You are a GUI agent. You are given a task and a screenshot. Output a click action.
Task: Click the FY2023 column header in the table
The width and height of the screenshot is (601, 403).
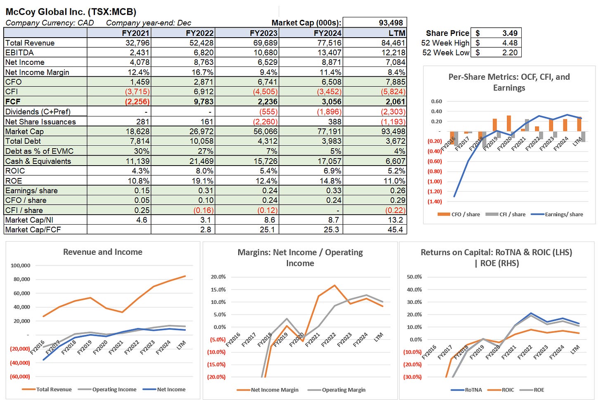pos(264,33)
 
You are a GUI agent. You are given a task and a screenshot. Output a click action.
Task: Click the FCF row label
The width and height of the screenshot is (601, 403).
pos(13,102)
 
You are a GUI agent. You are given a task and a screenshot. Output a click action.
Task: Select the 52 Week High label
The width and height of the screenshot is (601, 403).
pos(445,43)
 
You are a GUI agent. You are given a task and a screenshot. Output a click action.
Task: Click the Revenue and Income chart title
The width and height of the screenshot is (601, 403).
pos(102,252)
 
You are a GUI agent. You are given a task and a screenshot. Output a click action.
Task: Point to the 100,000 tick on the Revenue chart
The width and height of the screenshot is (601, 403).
pos(20,266)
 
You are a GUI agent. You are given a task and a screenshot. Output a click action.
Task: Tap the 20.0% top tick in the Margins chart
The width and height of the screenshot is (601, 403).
pos(218,277)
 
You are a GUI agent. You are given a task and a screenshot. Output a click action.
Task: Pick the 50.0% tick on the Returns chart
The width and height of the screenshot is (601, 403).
pos(414,277)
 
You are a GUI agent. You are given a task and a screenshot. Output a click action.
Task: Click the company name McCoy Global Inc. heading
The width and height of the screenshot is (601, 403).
pos(71,12)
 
